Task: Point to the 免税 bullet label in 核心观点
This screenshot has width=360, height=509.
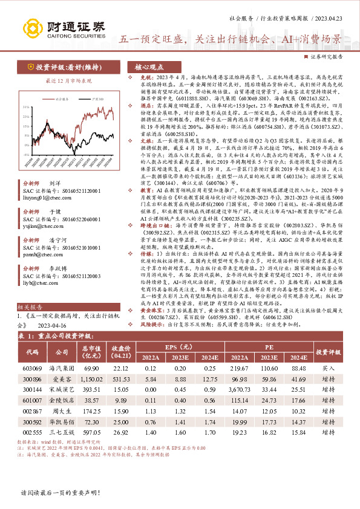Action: (x=140, y=79)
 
